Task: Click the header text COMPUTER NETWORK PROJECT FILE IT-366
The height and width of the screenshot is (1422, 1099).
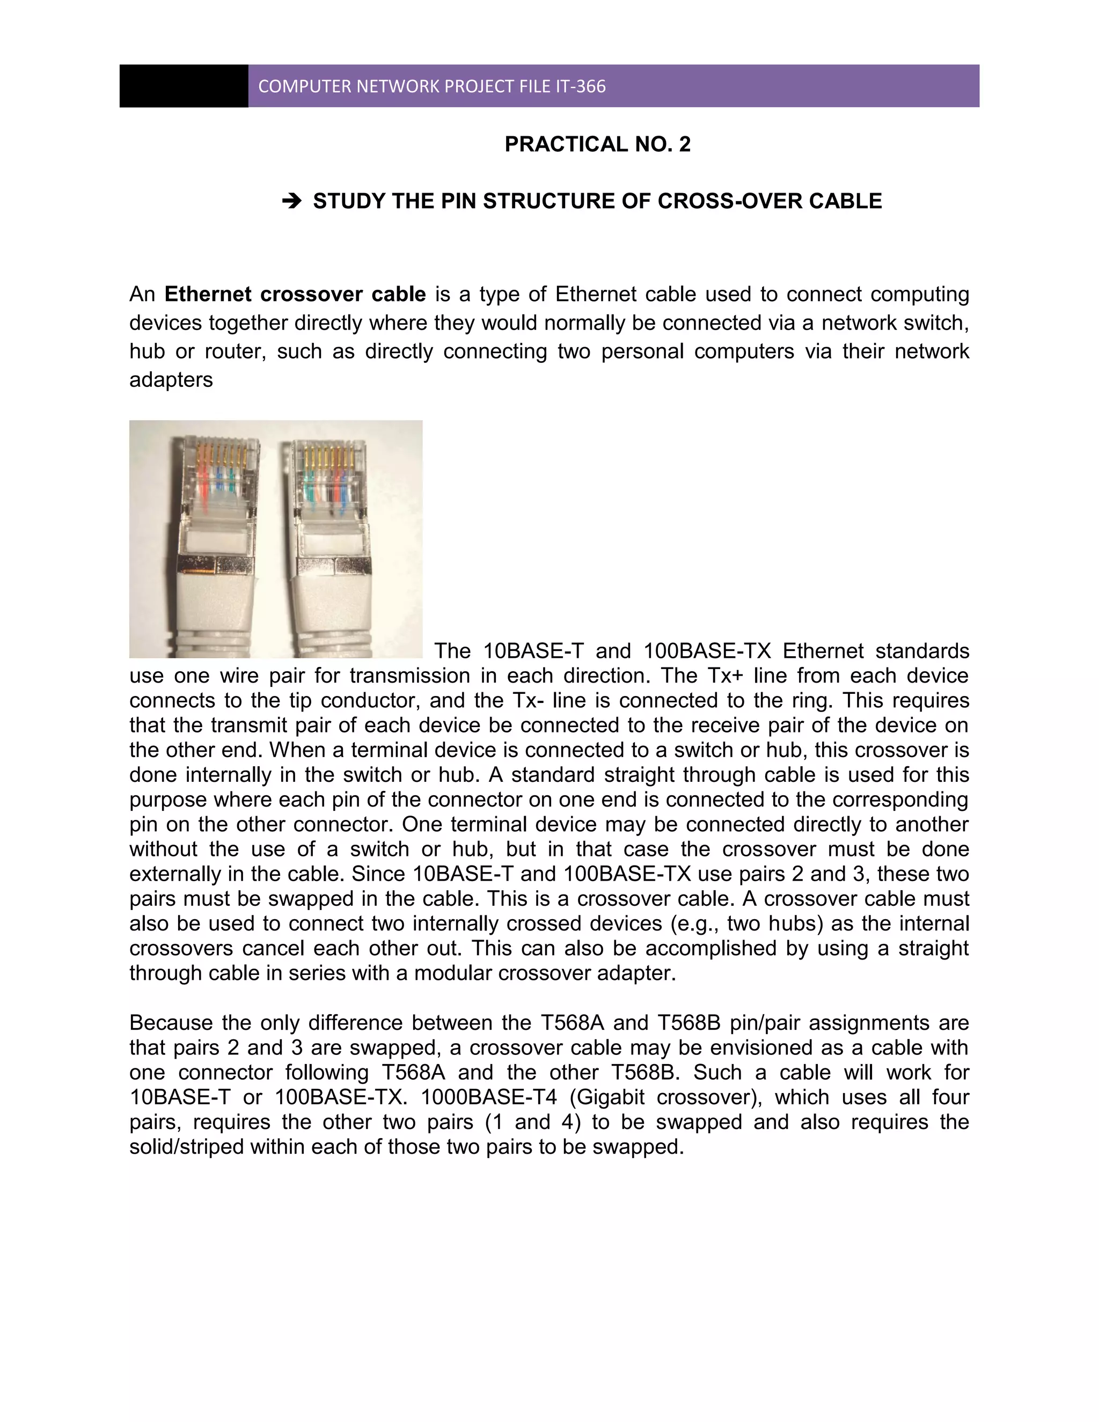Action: point(431,86)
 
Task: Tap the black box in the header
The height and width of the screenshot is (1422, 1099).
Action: point(184,86)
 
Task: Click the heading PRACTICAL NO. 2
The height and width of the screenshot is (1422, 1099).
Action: point(597,144)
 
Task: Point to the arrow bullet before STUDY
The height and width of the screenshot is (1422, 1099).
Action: point(292,201)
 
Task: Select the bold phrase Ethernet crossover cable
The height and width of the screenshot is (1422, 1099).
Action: point(295,294)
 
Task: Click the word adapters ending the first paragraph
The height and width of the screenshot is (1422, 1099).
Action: point(171,379)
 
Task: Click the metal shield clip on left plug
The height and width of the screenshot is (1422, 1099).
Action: point(215,565)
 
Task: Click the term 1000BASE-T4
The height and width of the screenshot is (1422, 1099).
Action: point(488,1097)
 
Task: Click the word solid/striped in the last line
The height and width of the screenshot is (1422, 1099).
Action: point(186,1147)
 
